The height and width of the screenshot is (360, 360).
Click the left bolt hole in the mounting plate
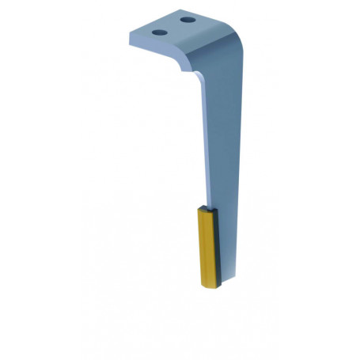[x=159, y=32]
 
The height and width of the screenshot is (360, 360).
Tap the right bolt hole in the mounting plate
[x=187, y=19]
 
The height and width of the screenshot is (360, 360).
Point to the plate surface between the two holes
[x=173, y=26]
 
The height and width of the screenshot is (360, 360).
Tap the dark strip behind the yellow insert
[x=217, y=245]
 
